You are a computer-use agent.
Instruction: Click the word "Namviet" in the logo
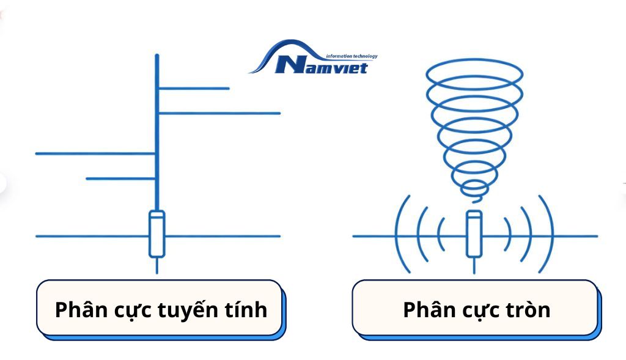322,65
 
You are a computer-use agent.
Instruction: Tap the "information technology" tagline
352,56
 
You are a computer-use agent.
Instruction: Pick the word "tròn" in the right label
528,310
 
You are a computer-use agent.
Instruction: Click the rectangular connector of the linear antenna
157,233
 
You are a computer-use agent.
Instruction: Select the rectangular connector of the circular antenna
474,233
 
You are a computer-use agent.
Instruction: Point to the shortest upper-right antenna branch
194,89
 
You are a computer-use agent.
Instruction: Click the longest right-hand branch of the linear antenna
219,113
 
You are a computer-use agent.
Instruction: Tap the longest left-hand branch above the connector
95,153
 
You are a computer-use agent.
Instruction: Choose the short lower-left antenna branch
120,178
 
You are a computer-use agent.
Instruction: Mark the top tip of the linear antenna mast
157,57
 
